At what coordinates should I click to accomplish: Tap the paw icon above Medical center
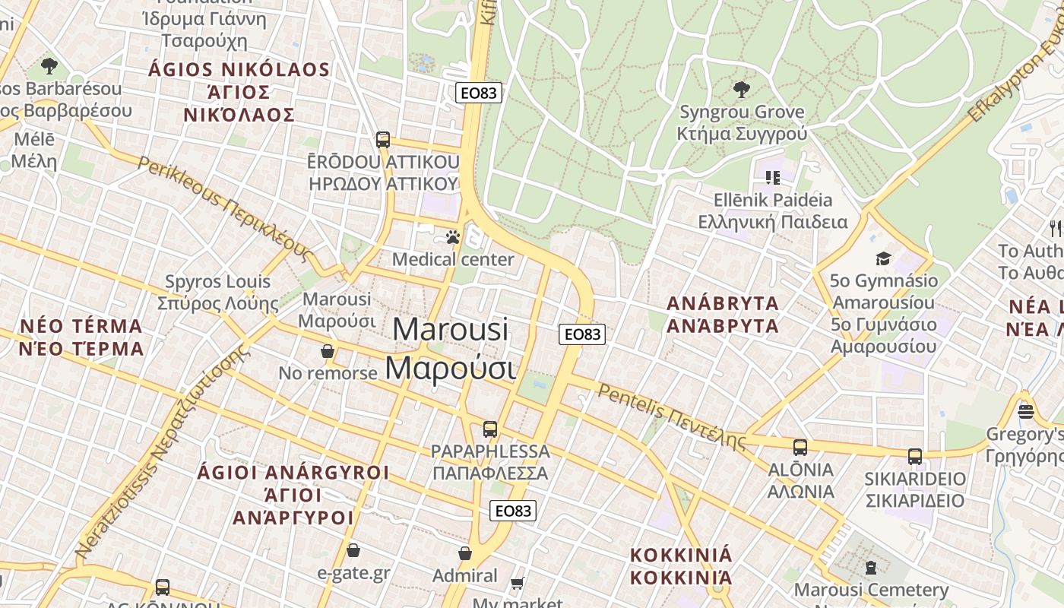(454, 238)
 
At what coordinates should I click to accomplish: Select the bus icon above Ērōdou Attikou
(383, 140)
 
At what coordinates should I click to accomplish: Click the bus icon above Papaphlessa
(490, 429)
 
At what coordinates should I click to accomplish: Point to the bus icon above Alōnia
(800, 448)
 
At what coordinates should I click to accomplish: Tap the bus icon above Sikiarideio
(915, 457)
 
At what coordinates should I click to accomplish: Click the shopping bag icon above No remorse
(328, 351)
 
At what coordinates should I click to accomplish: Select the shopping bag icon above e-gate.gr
(353, 550)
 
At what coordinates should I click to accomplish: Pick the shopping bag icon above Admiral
(465, 554)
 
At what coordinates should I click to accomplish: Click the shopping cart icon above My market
(518, 584)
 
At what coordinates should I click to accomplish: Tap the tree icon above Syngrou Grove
(741, 90)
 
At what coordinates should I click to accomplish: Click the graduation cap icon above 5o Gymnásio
(883, 259)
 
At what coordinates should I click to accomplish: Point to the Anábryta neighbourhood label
(723, 315)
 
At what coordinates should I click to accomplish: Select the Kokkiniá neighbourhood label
(681, 566)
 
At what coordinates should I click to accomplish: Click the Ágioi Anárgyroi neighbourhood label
(293, 495)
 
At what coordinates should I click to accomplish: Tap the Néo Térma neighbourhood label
(81, 337)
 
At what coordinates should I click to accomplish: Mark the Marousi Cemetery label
(871, 590)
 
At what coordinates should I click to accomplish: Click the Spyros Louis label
(218, 293)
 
